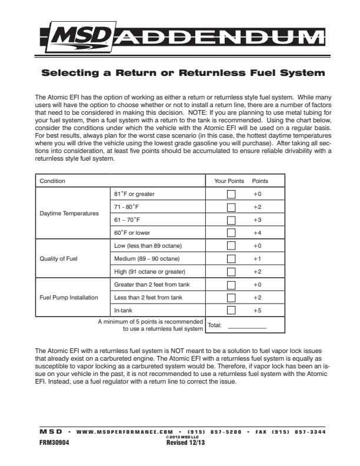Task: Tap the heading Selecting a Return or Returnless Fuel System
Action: pos(182,74)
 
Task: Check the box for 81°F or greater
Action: pos(231,194)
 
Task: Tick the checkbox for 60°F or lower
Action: pos(231,232)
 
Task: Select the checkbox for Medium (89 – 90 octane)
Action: pos(231,258)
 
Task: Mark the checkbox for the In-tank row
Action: pos(231,310)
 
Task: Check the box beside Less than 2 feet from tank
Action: pos(231,297)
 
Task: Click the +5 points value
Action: pos(257,310)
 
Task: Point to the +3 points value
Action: pos(257,219)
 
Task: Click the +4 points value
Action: pos(257,232)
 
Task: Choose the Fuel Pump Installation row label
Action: pos(69,297)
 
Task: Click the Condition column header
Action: pos(52,181)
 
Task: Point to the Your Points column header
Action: pos(229,181)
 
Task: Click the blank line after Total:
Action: pos(247,325)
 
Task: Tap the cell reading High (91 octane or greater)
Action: pos(149,271)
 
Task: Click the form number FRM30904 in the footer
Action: pos(52,444)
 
